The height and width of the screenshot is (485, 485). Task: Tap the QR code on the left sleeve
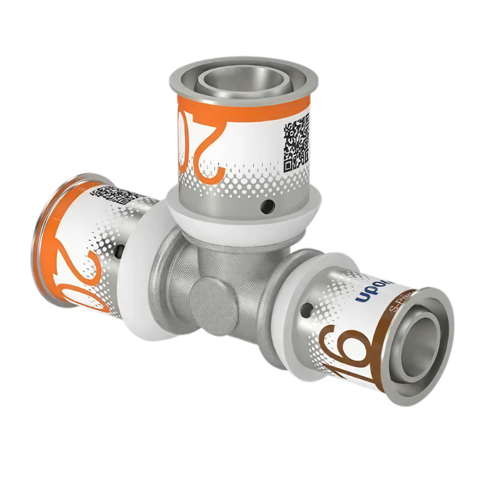(121, 196)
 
